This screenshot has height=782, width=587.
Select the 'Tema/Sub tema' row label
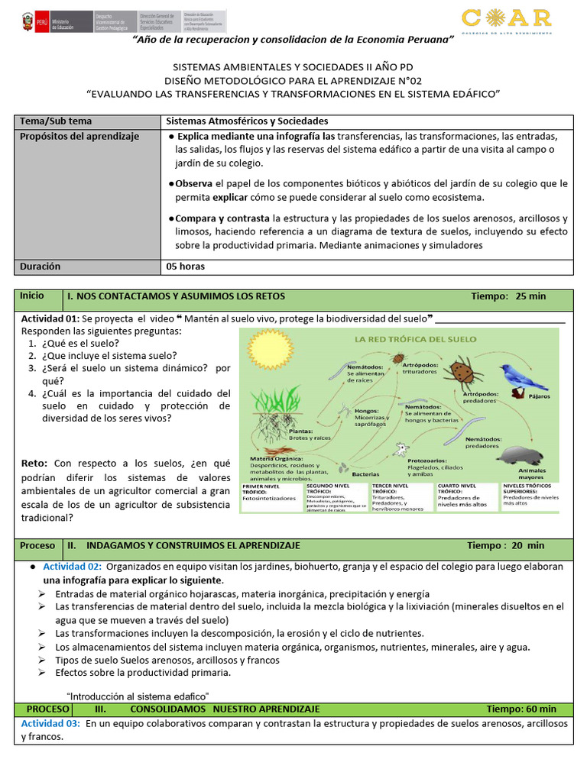[57, 121]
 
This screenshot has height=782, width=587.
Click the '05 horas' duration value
[186, 267]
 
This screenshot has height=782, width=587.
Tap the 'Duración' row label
[41, 267]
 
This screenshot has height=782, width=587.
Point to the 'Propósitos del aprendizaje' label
[79, 137]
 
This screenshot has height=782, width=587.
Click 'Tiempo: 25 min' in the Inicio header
[508, 296]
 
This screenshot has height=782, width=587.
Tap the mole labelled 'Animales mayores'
[521, 456]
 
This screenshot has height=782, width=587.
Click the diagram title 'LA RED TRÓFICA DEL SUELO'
[413, 339]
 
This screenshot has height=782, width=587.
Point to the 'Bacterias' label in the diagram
[368, 474]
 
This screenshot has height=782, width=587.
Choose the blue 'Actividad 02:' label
[72, 567]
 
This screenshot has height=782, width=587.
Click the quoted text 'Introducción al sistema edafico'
[138, 696]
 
